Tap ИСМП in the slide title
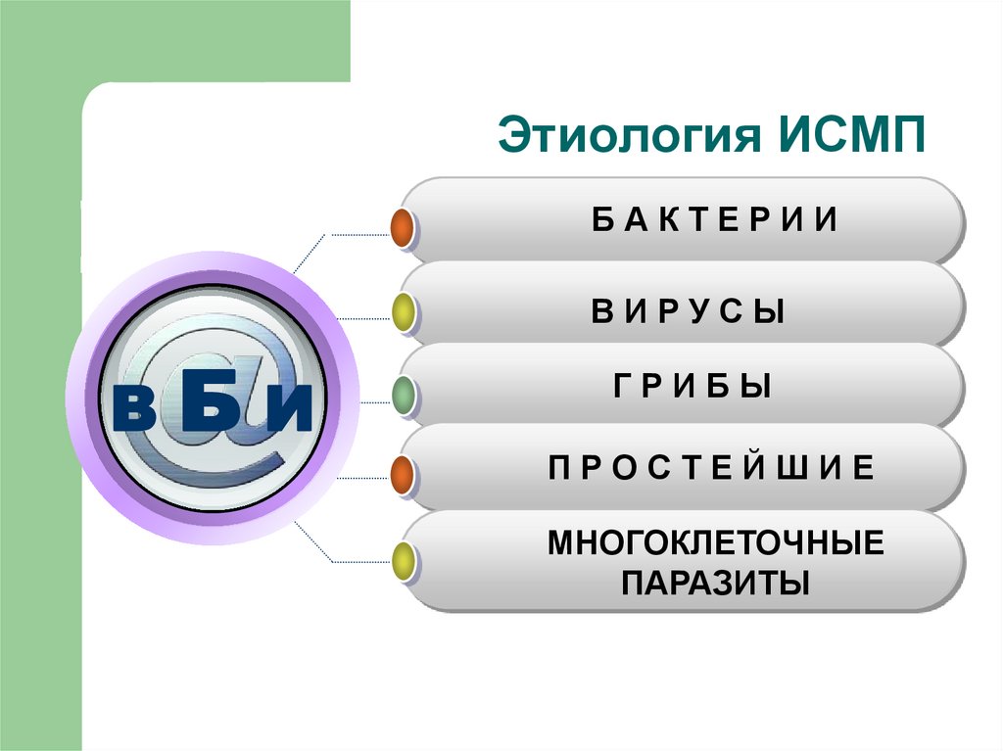[x=853, y=137]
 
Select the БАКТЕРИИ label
[x=715, y=220]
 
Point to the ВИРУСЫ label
[x=688, y=312]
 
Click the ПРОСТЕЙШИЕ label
[x=710, y=469]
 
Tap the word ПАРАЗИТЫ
[x=716, y=584]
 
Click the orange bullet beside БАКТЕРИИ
[x=402, y=228]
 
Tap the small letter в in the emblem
[x=140, y=411]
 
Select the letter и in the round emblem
[x=286, y=411]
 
